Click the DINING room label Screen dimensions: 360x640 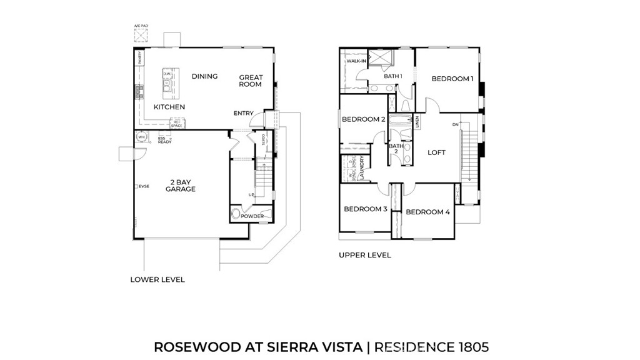tap(204, 76)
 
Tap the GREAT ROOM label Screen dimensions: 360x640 tap(251, 81)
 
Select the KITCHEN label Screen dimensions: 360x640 tap(169, 107)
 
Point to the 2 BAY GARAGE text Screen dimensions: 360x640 tap(181, 186)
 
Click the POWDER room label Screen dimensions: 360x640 tap(252, 216)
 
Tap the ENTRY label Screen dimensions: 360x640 tap(244, 113)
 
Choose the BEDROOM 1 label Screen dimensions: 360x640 tap(452, 79)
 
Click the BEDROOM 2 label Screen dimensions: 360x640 tap(363, 119)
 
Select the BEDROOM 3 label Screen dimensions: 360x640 tap(366, 209)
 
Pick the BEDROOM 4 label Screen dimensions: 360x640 tap(427, 212)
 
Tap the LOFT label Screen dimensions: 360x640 tap(436, 152)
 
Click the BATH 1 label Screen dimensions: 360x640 tap(393, 76)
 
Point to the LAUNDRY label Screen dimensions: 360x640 tap(362, 168)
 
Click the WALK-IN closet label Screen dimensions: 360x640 tap(356, 61)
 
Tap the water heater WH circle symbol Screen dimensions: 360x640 tap(141, 137)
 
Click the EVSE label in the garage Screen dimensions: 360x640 tap(143, 186)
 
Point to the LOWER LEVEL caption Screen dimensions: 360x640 tap(157, 279)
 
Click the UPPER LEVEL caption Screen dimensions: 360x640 tap(365, 255)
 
